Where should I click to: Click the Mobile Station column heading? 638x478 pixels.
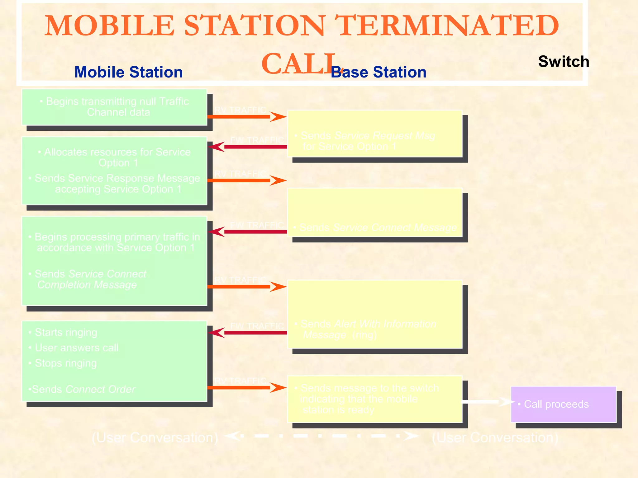(128, 72)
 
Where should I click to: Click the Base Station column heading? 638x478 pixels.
(379, 72)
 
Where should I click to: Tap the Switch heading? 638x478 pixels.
(564, 62)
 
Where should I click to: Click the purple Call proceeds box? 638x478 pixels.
(563, 404)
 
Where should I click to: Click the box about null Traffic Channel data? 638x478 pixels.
(114, 107)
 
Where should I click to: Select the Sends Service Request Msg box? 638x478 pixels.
(374, 134)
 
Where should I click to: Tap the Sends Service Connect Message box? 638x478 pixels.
(374, 213)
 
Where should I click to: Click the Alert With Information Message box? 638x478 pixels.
(374, 314)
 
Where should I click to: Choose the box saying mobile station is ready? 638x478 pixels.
(374, 399)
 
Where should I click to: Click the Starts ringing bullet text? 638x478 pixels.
(66, 332)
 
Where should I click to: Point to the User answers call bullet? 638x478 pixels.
(76, 348)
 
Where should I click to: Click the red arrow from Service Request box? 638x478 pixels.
(248, 147)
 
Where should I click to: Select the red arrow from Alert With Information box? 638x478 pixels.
(248, 333)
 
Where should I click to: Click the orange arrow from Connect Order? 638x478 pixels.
(246, 387)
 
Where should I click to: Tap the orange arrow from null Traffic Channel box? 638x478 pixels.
(246, 117)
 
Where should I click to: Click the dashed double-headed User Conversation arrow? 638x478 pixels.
(321, 436)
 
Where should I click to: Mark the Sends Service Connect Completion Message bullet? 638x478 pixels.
(87, 279)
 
